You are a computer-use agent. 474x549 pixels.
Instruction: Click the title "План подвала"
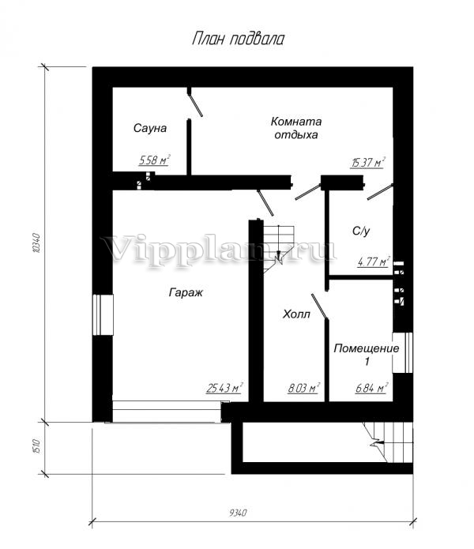(238, 39)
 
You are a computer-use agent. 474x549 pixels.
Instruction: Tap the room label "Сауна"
(150, 128)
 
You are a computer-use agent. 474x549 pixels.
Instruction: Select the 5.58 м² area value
(154, 160)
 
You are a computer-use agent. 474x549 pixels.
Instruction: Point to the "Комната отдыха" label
(296, 128)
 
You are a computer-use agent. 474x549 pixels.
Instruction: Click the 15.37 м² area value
(367, 163)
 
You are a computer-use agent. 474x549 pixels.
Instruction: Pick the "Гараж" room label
(186, 292)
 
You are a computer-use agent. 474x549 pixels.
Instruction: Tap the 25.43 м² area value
(224, 388)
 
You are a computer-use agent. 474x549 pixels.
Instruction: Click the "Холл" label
(296, 314)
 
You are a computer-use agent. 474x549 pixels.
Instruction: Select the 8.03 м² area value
(303, 388)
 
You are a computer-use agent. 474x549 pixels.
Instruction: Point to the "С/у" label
(360, 231)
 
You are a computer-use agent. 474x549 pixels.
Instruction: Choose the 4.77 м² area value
(374, 261)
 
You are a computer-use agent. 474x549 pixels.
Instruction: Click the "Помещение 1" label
(367, 355)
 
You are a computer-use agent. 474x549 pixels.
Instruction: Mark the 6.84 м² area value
(371, 388)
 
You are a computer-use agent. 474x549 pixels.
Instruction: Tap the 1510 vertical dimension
(37, 446)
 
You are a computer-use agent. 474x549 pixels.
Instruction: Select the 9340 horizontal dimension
(238, 513)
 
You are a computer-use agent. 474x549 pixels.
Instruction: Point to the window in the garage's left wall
(103, 315)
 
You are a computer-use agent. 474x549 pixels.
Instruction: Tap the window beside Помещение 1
(403, 352)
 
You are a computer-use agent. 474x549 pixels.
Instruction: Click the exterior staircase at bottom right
(389, 442)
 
